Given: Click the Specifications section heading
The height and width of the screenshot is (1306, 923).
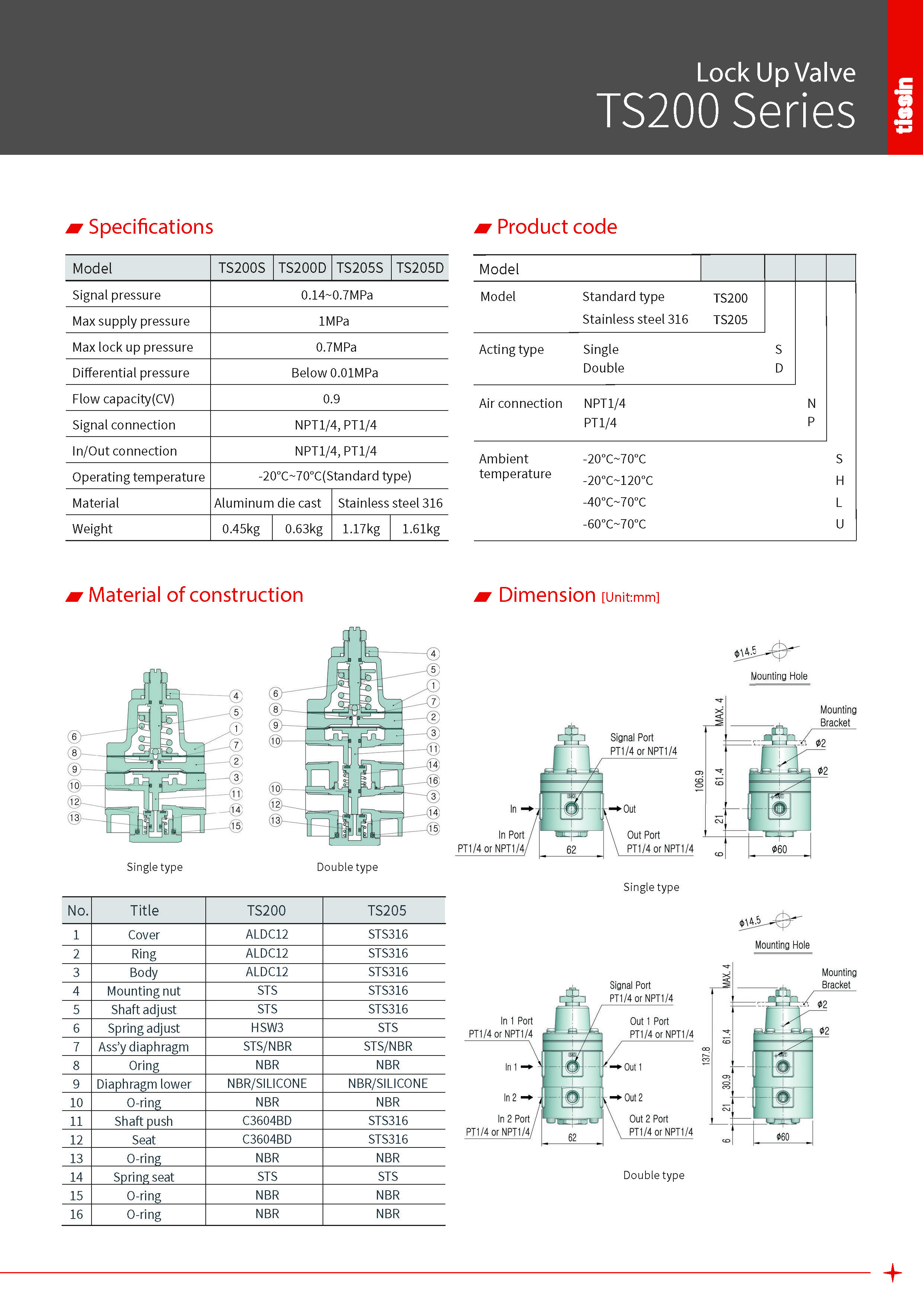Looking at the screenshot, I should click(x=150, y=227).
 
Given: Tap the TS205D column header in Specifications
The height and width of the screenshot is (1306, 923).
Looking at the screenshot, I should click(x=420, y=268).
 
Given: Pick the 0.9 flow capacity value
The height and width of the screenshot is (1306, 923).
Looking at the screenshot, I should click(x=331, y=399).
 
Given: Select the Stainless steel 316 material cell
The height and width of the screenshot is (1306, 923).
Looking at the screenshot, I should click(x=390, y=503).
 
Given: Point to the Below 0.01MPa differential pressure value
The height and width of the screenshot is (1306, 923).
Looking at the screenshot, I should click(x=334, y=373).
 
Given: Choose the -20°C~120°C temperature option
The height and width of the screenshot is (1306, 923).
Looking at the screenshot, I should click(x=618, y=480).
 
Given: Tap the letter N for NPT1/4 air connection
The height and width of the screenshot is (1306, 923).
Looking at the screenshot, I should click(x=811, y=403).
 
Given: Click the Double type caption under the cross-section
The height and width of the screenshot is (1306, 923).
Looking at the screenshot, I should click(x=347, y=867).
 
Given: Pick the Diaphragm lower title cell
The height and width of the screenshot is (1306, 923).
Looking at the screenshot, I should click(x=144, y=1083).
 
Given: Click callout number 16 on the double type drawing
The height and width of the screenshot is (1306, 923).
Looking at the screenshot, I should click(x=433, y=780).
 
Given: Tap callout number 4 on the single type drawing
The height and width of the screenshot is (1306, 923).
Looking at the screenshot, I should click(x=236, y=696).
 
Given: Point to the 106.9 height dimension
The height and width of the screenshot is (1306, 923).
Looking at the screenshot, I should click(x=699, y=781).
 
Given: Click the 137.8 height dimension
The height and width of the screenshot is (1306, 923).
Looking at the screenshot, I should click(x=706, y=1055).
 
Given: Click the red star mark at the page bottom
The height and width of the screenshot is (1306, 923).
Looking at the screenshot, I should click(x=892, y=1273).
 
